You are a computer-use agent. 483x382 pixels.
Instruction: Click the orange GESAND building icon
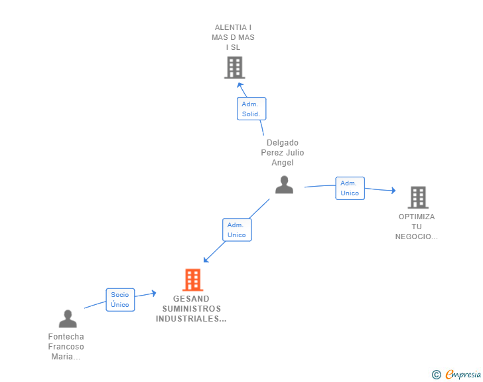pyautogui.click(x=192, y=280)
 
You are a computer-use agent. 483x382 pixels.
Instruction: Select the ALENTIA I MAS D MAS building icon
pyautogui.click(x=234, y=68)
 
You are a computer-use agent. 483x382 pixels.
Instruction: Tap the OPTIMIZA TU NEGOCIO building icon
pyautogui.click(x=418, y=197)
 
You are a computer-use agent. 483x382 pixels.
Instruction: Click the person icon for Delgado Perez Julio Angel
pyautogui.click(x=284, y=185)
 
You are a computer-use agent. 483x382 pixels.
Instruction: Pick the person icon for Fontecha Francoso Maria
pyautogui.click(x=68, y=319)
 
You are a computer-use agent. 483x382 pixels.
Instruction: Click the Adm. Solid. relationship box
pyautogui.click(x=251, y=108)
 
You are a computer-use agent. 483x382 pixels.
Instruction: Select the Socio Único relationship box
pyautogui.click(x=120, y=300)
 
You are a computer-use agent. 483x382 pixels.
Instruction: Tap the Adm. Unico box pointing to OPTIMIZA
pyautogui.click(x=350, y=188)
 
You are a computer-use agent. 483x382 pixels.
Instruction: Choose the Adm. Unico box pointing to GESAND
pyautogui.click(x=237, y=230)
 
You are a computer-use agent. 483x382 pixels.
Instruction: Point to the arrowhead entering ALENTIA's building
pyautogui.click(x=240, y=85)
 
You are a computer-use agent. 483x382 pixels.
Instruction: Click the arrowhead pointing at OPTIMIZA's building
pyautogui.click(x=393, y=191)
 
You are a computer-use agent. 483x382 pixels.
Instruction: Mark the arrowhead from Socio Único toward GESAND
pyautogui.click(x=154, y=293)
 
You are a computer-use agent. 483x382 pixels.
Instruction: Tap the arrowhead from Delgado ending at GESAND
pyautogui.click(x=206, y=260)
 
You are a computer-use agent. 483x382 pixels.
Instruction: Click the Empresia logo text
pyautogui.click(x=463, y=375)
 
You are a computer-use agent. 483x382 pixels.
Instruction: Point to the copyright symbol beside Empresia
pyautogui.click(x=436, y=375)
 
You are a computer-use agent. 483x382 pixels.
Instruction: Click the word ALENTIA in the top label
pyautogui.click(x=231, y=27)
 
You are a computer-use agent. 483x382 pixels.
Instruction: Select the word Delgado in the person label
pyautogui.click(x=283, y=143)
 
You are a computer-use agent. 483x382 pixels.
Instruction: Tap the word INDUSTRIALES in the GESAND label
pyautogui.click(x=188, y=319)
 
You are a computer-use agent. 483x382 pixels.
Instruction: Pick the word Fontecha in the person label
pyautogui.click(x=66, y=336)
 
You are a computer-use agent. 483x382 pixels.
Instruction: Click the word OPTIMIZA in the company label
pyautogui.click(x=417, y=217)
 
